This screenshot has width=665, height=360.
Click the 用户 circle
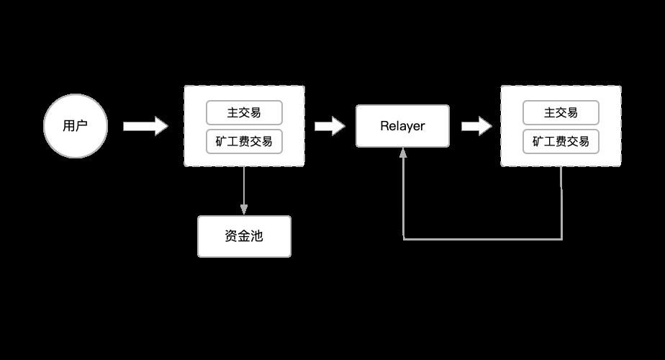coord(75,127)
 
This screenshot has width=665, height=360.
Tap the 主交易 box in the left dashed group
coord(244,112)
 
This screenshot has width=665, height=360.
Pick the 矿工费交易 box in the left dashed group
coord(244,141)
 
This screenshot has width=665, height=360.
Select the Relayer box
coord(402,127)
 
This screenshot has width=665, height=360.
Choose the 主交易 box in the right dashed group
coord(561,112)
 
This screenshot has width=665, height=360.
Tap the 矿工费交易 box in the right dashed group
coord(561,141)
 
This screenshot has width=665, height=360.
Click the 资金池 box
coord(244,236)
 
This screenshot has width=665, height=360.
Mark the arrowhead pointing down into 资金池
coord(244,210)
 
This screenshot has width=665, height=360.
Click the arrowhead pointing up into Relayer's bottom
coord(403,153)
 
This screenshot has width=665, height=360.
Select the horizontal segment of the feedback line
coord(482,238)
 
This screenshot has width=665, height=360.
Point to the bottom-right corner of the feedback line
coord(561,238)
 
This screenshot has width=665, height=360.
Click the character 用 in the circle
coord(69,127)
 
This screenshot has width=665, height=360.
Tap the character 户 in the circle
coord(81,127)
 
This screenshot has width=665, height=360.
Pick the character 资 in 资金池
coord(231,236)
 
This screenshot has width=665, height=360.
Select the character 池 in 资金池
coord(257,236)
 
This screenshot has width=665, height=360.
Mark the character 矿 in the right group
coord(538,141)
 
